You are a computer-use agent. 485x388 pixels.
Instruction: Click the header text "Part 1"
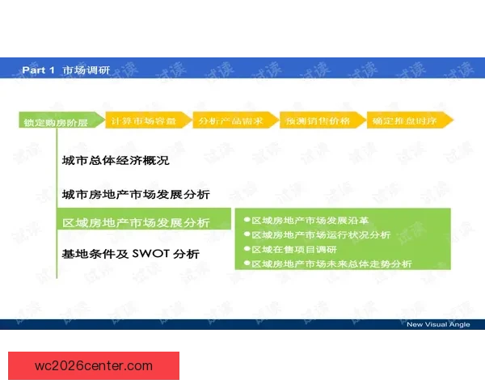[x=38, y=70]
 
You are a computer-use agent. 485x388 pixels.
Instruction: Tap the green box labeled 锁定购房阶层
[x=56, y=122]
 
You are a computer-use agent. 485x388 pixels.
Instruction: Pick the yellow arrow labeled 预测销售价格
[x=318, y=120]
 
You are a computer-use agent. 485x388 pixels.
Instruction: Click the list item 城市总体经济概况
[x=116, y=161]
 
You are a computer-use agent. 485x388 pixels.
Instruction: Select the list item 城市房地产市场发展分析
[x=135, y=194]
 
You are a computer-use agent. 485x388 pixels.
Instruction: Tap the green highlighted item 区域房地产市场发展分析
[x=135, y=222]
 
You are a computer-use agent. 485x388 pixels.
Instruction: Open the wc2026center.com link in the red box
[x=94, y=365]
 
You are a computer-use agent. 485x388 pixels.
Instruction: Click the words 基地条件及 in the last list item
[x=95, y=254]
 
